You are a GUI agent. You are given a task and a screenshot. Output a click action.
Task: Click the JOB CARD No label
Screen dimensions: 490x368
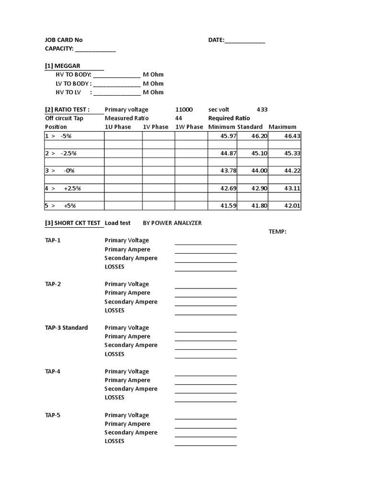64,40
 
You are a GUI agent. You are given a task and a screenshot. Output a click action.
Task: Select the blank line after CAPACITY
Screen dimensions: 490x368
95,50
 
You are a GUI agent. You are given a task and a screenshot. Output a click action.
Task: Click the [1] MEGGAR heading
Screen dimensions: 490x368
63,66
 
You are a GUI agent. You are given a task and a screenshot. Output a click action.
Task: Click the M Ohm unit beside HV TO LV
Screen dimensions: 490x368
153,92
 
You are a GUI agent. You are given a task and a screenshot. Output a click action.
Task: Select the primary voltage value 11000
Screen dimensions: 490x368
184,110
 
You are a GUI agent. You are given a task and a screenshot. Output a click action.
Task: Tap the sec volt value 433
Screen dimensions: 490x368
262,110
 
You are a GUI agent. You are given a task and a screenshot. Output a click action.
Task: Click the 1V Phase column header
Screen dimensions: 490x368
156,127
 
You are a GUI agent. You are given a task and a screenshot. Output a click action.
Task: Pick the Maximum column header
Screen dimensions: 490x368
282,127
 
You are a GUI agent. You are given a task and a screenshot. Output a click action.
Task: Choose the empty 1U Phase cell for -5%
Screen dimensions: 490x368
123,136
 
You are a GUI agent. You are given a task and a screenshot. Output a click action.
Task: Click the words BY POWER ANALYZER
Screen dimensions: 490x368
172,223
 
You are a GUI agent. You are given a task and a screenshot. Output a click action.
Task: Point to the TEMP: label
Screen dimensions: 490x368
277,232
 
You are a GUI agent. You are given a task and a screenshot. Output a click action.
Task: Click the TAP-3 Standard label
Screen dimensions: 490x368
66,328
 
